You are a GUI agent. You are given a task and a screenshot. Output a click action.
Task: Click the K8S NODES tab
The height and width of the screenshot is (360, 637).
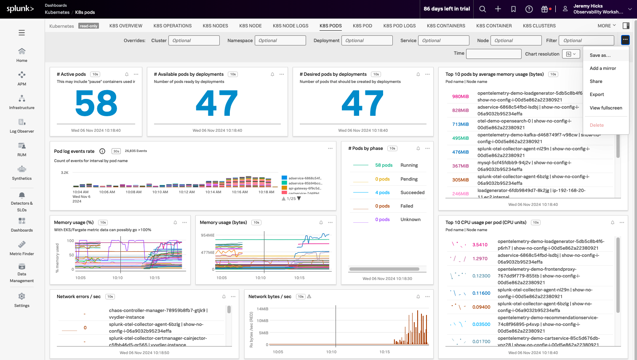tap(215, 26)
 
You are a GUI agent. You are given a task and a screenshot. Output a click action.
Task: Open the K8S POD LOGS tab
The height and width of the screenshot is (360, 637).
tap(399, 26)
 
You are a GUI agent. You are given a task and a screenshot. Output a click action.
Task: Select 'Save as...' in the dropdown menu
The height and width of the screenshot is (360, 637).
tap(600, 55)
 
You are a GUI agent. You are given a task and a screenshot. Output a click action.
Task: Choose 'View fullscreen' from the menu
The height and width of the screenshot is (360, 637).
tap(605, 108)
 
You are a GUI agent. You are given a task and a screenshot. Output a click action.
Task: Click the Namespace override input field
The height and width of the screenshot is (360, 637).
tap(280, 40)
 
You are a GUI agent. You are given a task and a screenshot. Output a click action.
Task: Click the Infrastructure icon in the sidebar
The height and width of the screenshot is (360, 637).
tap(22, 99)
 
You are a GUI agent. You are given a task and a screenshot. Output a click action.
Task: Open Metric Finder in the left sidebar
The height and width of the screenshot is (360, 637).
tap(22, 245)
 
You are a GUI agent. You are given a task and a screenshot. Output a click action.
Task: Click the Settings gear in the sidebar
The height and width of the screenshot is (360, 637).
tap(22, 296)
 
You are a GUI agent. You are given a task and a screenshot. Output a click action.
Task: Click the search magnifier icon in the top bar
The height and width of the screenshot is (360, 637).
tap(482, 9)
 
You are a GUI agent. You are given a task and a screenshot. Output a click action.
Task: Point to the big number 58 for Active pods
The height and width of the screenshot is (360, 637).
tap(96, 104)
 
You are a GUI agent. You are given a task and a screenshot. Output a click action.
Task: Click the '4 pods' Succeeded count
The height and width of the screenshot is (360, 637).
tap(382, 192)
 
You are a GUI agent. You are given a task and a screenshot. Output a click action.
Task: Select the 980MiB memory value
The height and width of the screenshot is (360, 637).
tap(460, 96)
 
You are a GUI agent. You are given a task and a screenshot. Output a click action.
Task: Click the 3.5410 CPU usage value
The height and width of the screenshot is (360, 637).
tap(480, 245)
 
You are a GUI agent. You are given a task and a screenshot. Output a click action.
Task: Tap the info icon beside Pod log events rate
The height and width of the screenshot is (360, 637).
tap(102, 151)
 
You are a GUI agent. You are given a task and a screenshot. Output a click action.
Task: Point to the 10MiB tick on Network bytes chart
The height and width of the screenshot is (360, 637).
tap(262, 321)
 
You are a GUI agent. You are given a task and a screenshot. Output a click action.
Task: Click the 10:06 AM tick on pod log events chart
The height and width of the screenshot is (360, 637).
tap(107, 192)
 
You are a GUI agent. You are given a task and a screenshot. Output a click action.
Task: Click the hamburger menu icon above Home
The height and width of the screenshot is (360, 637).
tap(22, 33)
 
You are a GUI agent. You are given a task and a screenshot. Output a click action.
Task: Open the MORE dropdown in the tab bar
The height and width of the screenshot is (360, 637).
tap(606, 26)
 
